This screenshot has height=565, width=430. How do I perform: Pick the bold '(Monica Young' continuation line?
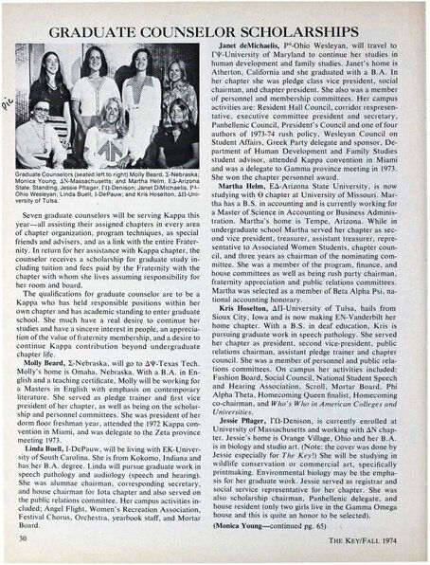(x=254, y=521)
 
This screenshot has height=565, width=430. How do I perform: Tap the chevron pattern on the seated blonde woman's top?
(x=112, y=152)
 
